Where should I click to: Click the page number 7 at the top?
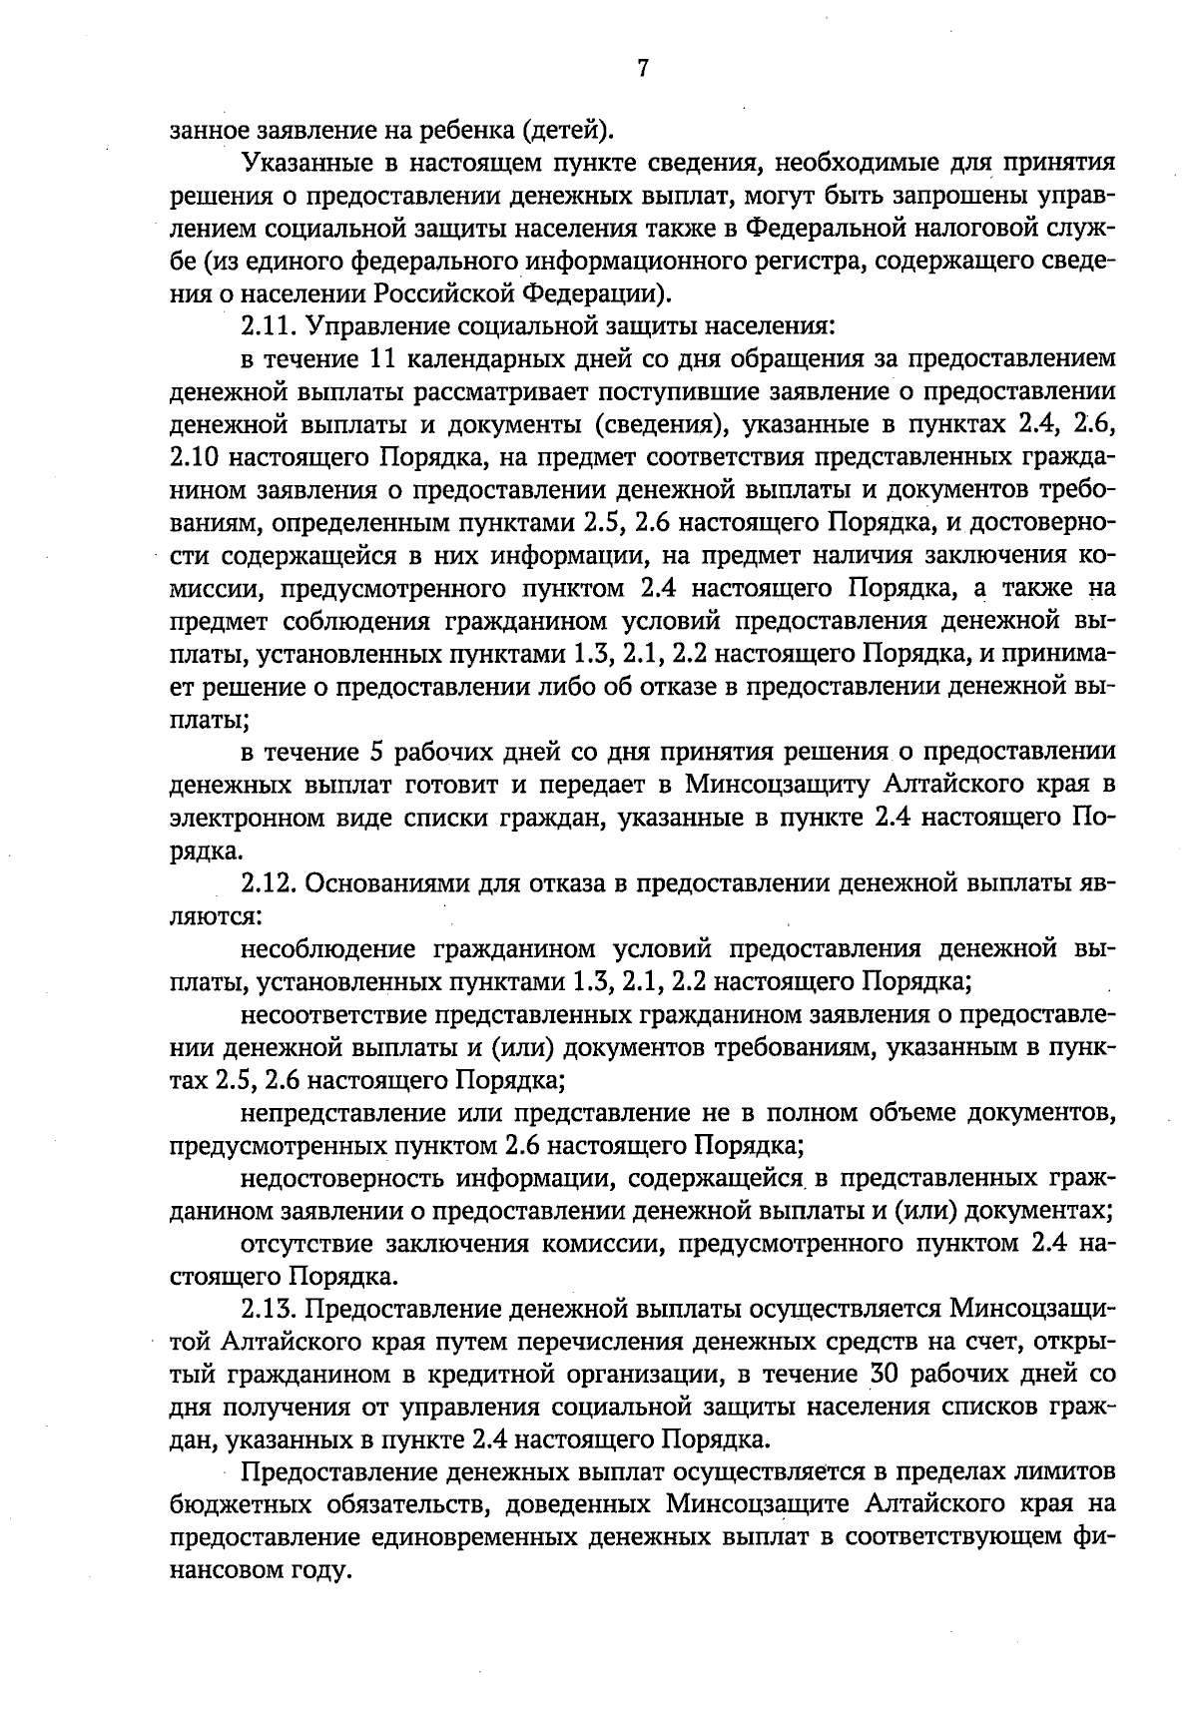pyautogui.click(x=642, y=68)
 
